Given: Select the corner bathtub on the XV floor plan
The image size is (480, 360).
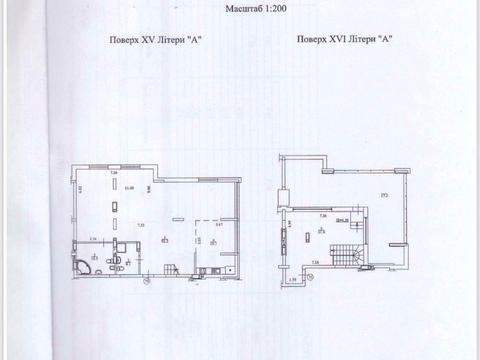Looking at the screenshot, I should [83, 265].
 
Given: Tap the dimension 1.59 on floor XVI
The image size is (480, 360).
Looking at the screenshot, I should [290, 278].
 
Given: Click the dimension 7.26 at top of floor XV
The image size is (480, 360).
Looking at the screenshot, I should [114, 174].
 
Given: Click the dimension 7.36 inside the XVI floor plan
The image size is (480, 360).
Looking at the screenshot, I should [322, 215].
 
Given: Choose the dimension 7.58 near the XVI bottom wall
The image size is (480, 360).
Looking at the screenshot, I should [315, 262].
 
